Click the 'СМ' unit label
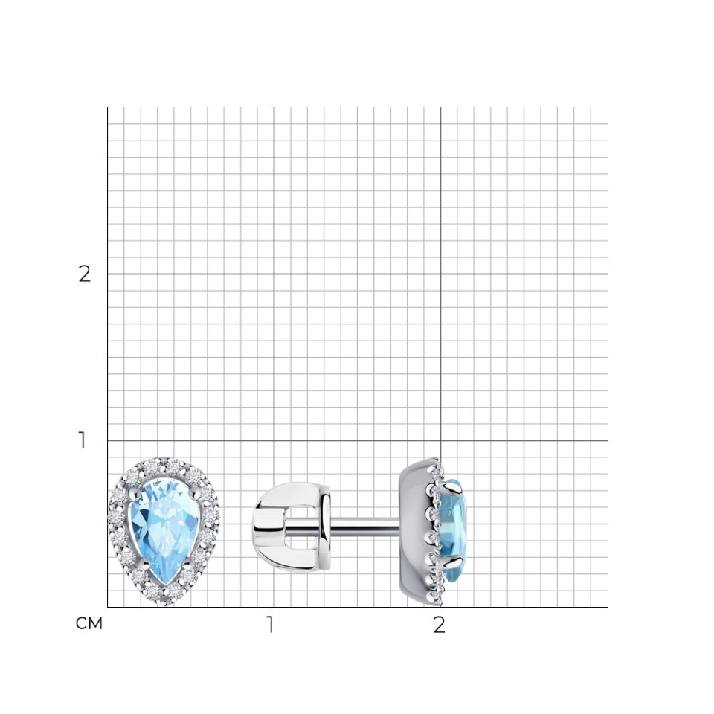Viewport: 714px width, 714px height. pyautogui.click(x=89, y=623)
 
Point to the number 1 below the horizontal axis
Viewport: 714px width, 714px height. pyautogui.click(x=271, y=625)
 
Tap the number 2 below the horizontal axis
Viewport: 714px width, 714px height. pyautogui.click(x=439, y=625)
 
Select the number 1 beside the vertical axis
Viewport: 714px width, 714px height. pyautogui.click(x=83, y=440)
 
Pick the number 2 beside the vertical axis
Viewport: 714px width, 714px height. pyautogui.click(x=84, y=274)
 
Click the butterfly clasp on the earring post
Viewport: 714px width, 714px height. pyautogui.click(x=292, y=527)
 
